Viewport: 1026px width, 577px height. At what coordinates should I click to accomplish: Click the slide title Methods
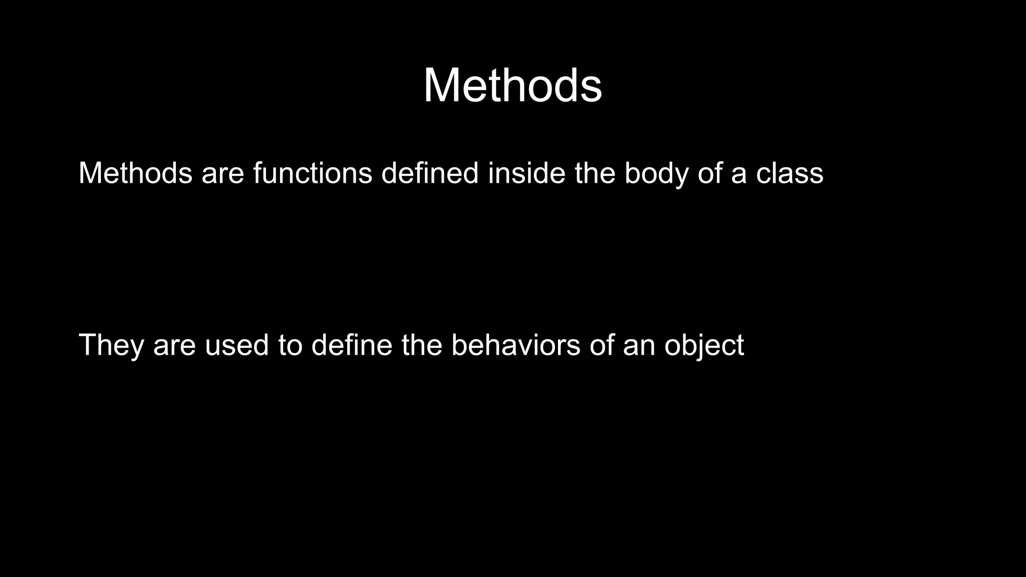[512, 86]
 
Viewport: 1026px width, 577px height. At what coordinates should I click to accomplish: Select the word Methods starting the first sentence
[135, 173]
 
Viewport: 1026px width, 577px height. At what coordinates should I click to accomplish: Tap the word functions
[313, 173]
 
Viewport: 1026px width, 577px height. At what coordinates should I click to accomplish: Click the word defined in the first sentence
[430, 173]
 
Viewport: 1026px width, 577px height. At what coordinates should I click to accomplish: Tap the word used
[237, 346]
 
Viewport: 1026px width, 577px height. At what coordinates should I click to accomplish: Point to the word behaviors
[516, 346]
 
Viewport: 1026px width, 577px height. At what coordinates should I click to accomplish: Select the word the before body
[595, 173]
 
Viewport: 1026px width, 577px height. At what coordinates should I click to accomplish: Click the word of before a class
[709, 173]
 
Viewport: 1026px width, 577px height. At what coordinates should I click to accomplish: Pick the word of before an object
[601, 346]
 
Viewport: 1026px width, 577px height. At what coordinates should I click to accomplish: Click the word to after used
[291, 346]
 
